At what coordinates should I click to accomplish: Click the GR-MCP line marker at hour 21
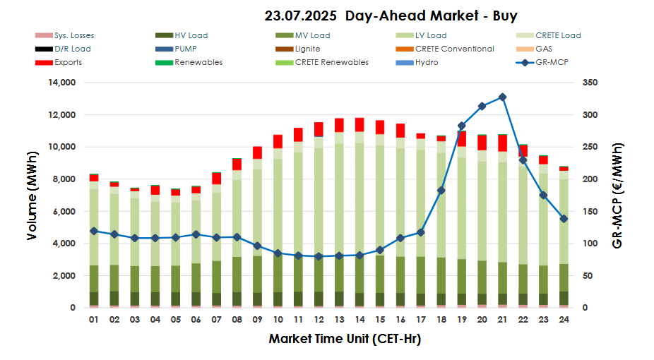[x=502, y=97]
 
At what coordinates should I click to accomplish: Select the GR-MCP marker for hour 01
[x=93, y=231]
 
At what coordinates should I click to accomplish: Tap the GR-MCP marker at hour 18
[x=441, y=191]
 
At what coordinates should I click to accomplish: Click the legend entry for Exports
[x=68, y=62]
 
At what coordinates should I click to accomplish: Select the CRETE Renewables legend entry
[x=331, y=62]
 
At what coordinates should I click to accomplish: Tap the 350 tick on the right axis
[x=590, y=83]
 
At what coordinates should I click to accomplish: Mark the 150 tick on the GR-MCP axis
[x=590, y=212]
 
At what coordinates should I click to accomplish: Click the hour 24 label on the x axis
[x=564, y=320]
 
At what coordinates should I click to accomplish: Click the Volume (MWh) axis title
[x=32, y=195]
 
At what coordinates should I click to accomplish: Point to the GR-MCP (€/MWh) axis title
[x=618, y=195]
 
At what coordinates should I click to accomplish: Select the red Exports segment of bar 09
[x=257, y=152]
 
